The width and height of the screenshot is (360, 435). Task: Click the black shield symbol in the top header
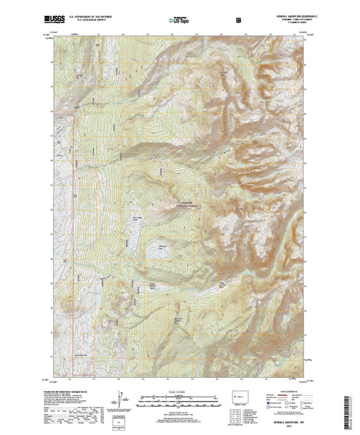click(208, 14)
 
